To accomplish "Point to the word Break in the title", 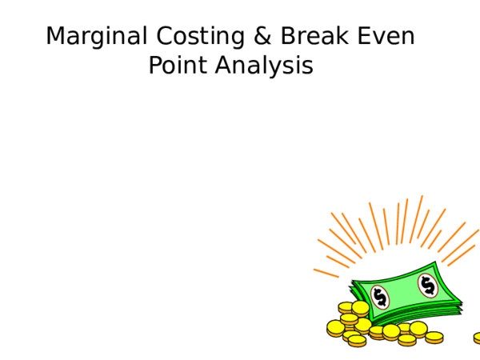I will tap(308, 37).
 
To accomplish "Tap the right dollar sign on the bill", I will tap(427, 284).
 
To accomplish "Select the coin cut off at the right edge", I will tap(477, 337).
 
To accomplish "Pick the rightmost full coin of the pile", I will tap(434, 337).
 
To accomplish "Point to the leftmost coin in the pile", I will tap(335, 327).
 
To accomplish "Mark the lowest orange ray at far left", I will tap(326, 273).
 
